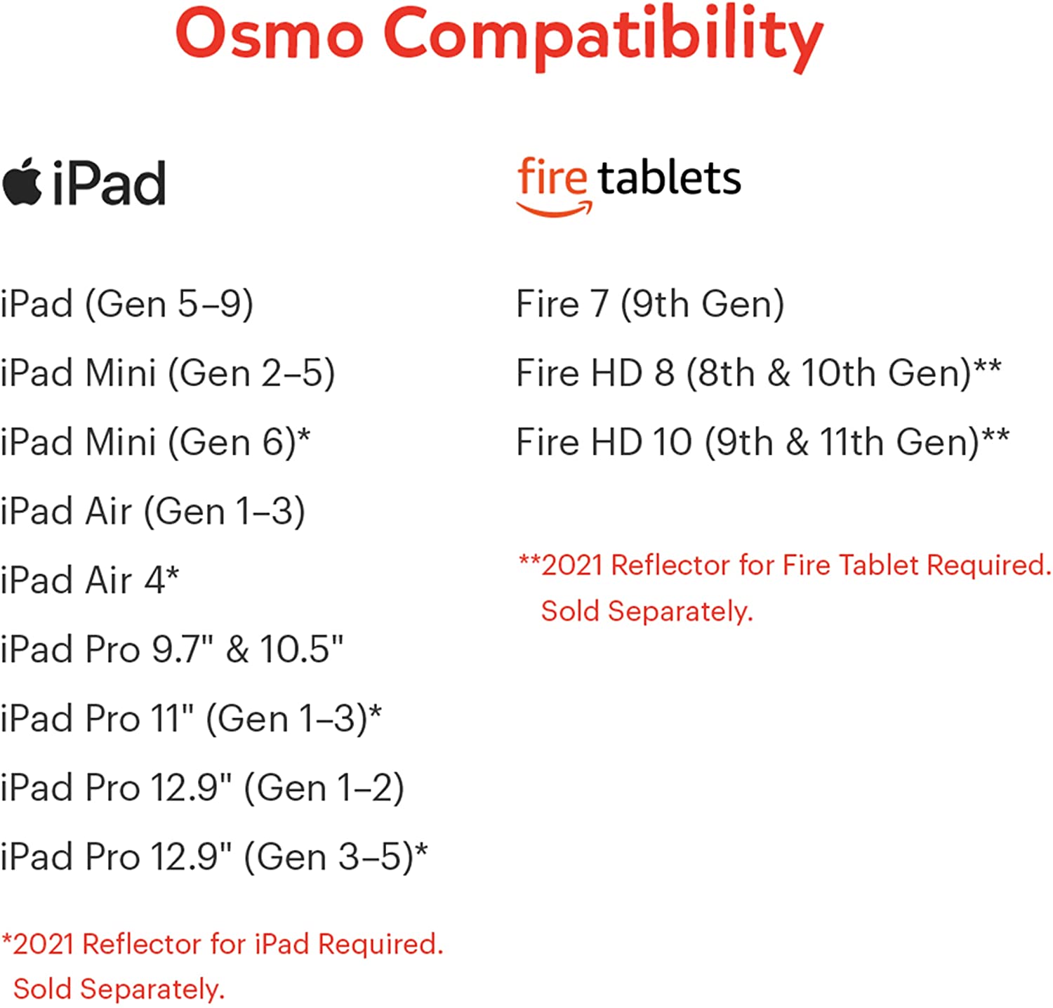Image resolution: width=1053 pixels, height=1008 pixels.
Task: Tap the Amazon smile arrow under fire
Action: point(555,208)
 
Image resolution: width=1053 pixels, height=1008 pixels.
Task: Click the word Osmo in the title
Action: point(270,34)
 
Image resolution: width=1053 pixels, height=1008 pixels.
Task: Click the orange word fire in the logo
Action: point(552,177)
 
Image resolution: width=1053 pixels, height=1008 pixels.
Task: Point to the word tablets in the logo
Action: point(670,178)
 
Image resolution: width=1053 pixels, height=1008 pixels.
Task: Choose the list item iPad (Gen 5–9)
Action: point(127,304)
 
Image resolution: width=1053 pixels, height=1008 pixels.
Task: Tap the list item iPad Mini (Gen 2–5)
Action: point(168,373)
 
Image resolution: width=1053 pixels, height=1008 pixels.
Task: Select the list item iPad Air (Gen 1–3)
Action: point(153,511)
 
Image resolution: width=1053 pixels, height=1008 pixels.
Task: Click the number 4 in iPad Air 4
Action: point(154,581)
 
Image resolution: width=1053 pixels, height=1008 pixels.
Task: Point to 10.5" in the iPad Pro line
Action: point(302,649)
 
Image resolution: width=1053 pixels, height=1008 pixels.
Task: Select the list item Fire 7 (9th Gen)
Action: point(650,304)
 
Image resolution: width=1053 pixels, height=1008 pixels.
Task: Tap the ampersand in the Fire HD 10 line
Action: point(797,442)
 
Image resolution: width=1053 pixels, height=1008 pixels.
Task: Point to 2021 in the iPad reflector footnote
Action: point(44,944)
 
